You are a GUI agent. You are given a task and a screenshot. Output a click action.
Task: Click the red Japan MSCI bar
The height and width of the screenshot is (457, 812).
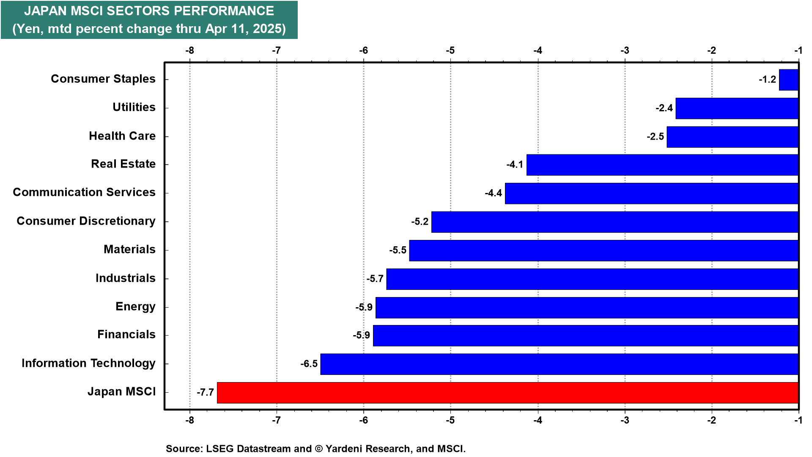pyautogui.click(x=507, y=393)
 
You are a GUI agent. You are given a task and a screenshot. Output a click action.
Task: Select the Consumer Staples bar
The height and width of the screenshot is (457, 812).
pyautogui.click(x=789, y=80)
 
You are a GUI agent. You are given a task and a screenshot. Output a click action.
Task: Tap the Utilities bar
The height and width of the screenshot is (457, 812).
pyautogui.click(x=737, y=108)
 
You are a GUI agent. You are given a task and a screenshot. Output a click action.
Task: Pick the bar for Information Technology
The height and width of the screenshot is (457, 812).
pyautogui.click(x=560, y=364)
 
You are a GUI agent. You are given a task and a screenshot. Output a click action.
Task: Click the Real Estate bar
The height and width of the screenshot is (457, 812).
pyautogui.click(x=662, y=165)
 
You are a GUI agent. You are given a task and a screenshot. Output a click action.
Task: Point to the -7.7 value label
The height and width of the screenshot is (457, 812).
pyautogui.click(x=205, y=392)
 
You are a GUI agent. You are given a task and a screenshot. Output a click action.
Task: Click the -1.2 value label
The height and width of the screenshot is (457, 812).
pyautogui.click(x=768, y=80)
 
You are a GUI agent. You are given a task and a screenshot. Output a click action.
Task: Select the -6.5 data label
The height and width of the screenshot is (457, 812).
pyautogui.click(x=309, y=364)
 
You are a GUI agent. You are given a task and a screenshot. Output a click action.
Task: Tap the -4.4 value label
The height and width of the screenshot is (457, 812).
pyautogui.click(x=494, y=193)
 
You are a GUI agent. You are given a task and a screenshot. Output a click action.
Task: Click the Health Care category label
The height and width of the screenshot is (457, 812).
pyautogui.click(x=122, y=136)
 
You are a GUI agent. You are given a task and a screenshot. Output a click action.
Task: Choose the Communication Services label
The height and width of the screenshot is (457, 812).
pyautogui.click(x=84, y=192)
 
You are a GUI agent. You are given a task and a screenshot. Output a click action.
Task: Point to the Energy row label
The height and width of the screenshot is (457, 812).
pyautogui.click(x=135, y=307)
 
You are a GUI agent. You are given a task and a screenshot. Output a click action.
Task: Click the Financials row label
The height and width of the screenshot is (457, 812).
pyautogui.click(x=126, y=334)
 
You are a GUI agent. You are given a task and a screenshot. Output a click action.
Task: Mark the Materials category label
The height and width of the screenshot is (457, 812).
pyautogui.click(x=129, y=249)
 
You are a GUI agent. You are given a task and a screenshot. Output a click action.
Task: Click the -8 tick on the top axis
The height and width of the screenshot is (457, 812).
pyautogui.click(x=189, y=51)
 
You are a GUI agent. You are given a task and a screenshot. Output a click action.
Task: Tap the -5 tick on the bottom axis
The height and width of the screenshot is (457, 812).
pyautogui.click(x=450, y=420)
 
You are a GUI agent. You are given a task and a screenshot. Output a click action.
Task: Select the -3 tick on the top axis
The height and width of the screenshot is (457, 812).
pyautogui.click(x=625, y=51)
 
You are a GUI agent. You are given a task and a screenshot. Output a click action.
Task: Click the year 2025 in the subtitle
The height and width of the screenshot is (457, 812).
pyautogui.click(x=269, y=29)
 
